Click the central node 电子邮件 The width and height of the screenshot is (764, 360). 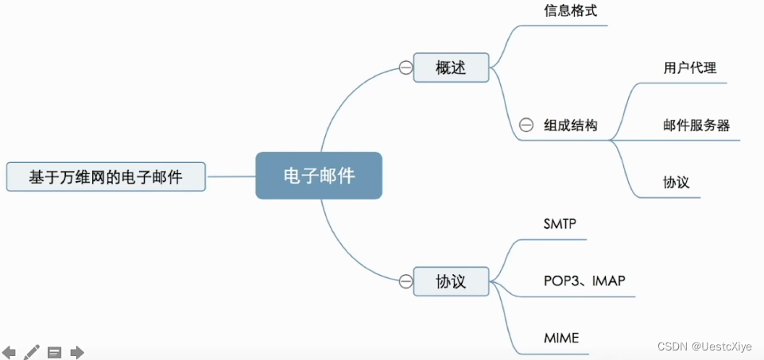(x=319, y=176)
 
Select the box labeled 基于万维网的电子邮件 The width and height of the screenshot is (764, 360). (x=106, y=176)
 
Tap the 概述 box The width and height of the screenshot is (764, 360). (x=451, y=68)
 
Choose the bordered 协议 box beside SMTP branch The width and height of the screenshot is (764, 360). (x=451, y=281)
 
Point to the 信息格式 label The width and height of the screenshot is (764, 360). (x=569, y=12)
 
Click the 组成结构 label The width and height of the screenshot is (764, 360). (x=570, y=125)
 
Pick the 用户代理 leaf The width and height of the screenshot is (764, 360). (x=690, y=68)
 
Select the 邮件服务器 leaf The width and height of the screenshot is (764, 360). (x=696, y=125)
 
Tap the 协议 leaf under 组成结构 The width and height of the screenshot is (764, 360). (x=676, y=182)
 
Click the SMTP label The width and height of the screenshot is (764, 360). (x=560, y=224)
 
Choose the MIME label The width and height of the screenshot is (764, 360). (x=561, y=339)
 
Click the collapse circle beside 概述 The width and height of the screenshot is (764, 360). (x=405, y=68)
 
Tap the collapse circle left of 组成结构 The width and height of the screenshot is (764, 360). (x=525, y=125)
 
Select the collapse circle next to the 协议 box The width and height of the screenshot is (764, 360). (x=405, y=281)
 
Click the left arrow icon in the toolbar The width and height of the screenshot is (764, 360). (x=9, y=351)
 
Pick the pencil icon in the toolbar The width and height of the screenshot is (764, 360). (x=32, y=351)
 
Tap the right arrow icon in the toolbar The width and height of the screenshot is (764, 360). (x=77, y=351)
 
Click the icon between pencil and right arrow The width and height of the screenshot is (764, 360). (x=54, y=351)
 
